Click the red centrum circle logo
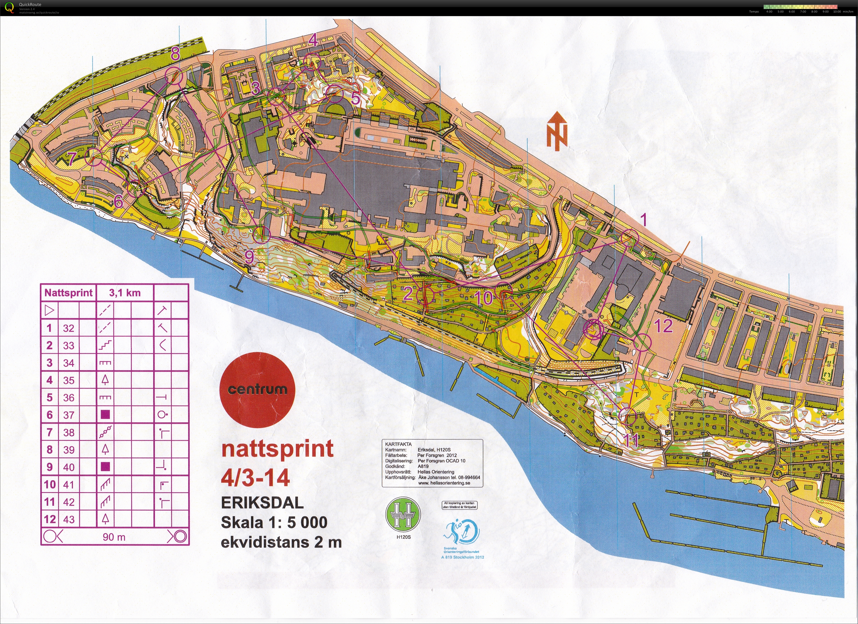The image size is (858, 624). pyautogui.click(x=257, y=390)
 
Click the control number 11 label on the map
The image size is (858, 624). pyautogui.click(x=631, y=440)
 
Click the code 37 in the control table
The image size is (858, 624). pyautogui.click(x=69, y=415)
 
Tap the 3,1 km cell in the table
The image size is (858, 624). pyautogui.click(x=125, y=293)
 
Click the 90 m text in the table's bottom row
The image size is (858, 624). pyautogui.click(x=114, y=537)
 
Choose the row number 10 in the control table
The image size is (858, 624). pyautogui.click(x=50, y=485)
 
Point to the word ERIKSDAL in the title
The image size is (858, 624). pyautogui.click(x=262, y=503)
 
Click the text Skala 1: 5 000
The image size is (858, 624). pyautogui.click(x=274, y=523)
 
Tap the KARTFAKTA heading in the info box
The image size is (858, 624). pyautogui.click(x=398, y=444)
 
